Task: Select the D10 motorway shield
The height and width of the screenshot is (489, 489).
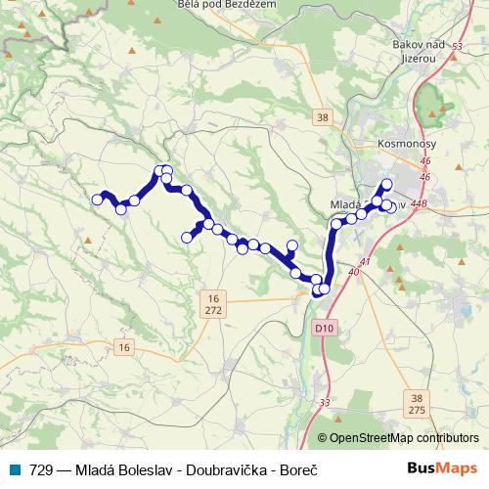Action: point(325,328)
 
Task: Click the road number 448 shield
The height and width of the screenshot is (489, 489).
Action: point(420,204)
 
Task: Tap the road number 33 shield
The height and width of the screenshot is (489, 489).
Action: point(324,403)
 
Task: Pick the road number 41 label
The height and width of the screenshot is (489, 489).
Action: point(365,262)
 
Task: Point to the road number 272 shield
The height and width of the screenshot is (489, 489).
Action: point(214,309)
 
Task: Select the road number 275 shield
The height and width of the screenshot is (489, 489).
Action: point(417,412)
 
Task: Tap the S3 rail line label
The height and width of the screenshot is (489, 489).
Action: point(457,60)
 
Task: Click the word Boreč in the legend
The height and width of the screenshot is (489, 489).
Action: point(299,470)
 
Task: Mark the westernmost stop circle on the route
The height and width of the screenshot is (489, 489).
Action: point(97,200)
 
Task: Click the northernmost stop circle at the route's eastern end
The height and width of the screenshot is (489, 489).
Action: point(386,184)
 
